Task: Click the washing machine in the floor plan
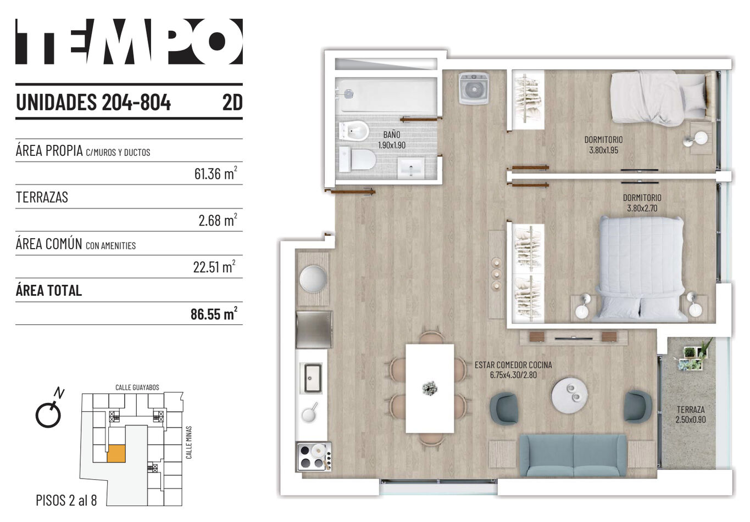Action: (474, 88)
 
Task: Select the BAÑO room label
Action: (392, 135)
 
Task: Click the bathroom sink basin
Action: (411, 167)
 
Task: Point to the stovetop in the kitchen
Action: (314, 456)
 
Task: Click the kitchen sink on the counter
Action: (313, 378)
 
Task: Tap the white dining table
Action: (430, 389)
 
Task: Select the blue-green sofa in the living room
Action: (573, 455)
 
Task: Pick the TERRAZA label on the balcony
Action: (691, 409)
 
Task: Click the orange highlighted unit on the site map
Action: (116, 454)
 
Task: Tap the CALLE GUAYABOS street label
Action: (137, 388)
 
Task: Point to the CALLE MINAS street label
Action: (189, 442)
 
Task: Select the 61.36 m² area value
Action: (215, 173)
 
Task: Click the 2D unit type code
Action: (232, 102)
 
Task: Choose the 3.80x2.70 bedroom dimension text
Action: (642, 208)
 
